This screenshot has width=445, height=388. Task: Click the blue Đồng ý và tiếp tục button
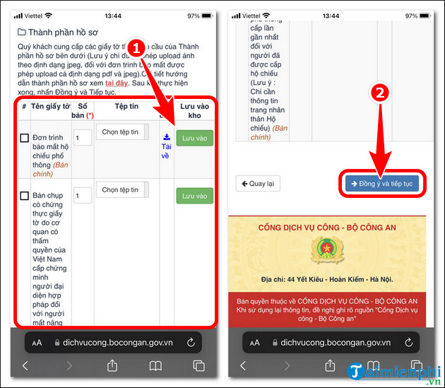(x=382, y=184)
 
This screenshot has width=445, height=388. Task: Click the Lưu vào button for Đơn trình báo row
(x=194, y=139)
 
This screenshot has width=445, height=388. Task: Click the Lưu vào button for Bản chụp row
(x=194, y=196)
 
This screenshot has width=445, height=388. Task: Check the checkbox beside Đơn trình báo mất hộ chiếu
(x=24, y=138)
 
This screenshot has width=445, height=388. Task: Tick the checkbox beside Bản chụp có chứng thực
(x=24, y=196)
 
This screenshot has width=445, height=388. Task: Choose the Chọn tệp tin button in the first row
(x=121, y=132)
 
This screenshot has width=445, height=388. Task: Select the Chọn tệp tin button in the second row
(x=121, y=189)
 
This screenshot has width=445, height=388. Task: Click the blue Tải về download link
(x=166, y=146)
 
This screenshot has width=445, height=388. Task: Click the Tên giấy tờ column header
(x=50, y=106)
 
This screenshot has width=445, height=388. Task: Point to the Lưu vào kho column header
(x=194, y=110)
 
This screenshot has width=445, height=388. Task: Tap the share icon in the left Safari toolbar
(x=112, y=365)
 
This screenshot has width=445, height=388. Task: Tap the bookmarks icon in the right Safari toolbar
(x=373, y=365)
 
